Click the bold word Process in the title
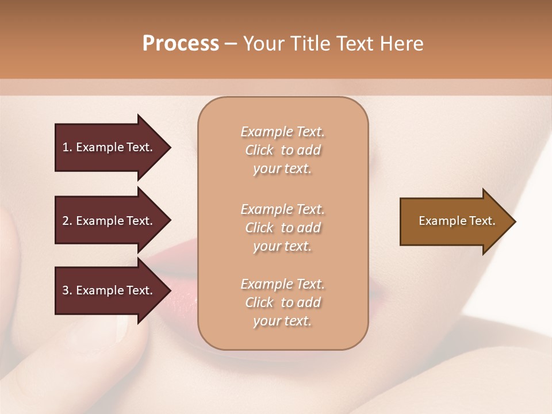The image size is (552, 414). [181, 43]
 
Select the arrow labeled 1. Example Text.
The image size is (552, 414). [109, 147]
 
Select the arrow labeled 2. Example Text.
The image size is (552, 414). [109, 221]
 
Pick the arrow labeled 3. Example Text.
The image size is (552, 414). [109, 290]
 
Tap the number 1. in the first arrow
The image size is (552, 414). [67, 147]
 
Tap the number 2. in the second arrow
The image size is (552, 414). [67, 221]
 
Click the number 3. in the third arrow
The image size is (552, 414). [67, 290]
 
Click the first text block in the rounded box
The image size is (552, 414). [283, 150]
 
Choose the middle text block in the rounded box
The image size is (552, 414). [283, 228]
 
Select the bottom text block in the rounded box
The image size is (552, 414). [283, 302]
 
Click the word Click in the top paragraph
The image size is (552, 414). [259, 150]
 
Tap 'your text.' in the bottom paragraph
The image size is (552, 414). [282, 321]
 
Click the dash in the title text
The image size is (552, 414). [231, 43]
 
